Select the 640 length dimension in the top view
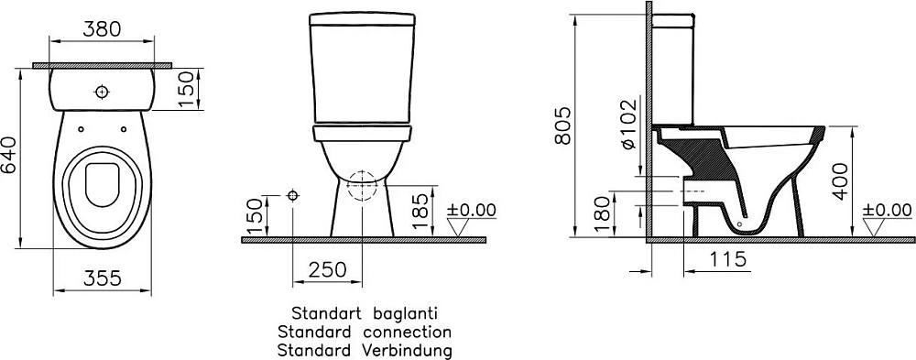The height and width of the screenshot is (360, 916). (11, 157)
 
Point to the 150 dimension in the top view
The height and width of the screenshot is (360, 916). (187, 89)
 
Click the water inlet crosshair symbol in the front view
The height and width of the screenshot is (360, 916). (292, 195)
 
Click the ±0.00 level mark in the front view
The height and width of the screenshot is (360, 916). (471, 210)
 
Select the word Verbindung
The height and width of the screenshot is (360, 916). (408, 349)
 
